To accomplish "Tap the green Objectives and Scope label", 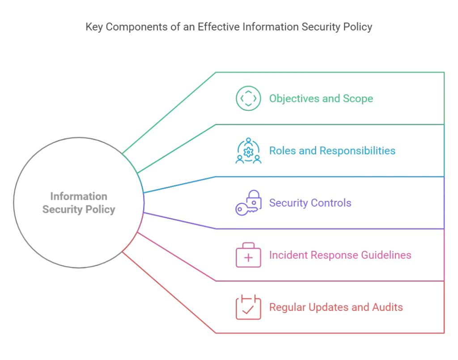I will (x=321, y=98).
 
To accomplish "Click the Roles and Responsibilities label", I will (x=332, y=151).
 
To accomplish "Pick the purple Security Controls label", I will (x=310, y=203).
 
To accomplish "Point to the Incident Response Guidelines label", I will (x=340, y=255).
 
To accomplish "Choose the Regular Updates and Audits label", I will (x=336, y=308).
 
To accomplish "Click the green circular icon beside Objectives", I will (x=248, y=98).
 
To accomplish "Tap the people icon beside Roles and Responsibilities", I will (x=248, y=151).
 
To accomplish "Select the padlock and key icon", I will (x=248, y=203).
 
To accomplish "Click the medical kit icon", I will (x=248, y=255).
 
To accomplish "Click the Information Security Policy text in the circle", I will (x=79, y=203).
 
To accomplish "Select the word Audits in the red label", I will (x=387, y=308).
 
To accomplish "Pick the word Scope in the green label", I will (x=358, y=98).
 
